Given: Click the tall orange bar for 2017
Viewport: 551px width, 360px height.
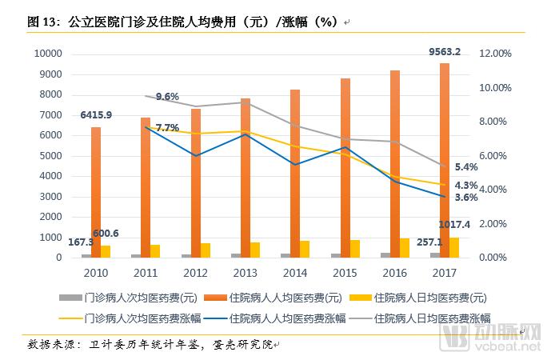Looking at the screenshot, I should tap(445, 160).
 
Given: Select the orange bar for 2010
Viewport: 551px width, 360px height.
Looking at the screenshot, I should tap(96, 192).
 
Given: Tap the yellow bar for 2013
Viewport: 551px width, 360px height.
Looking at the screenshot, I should tap(255, 250).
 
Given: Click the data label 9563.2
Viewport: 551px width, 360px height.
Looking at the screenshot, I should tap(445, 52).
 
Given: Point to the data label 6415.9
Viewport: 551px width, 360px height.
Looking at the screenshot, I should tap(96, 115).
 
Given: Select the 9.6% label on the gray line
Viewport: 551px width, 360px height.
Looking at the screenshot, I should tap(167, 97).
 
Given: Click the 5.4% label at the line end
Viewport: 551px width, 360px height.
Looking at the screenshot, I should tap(466, 167).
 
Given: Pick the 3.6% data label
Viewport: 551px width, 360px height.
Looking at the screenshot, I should tap(466, 198).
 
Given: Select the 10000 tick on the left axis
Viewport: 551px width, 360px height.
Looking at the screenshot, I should tap(47, 54).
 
